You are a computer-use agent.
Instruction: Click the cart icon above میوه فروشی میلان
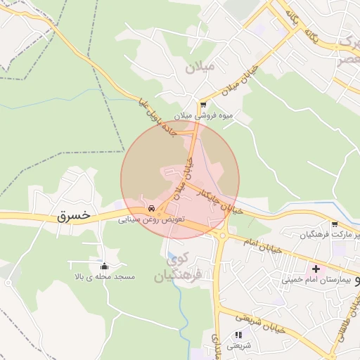[x=203, y=105]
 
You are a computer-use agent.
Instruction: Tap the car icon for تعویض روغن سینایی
[x=151, y=209]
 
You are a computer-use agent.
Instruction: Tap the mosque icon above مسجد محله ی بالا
[x=105, y=266]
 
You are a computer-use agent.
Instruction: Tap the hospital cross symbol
[x=316, y=268]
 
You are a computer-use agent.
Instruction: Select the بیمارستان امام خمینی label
[x=316, y=279]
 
